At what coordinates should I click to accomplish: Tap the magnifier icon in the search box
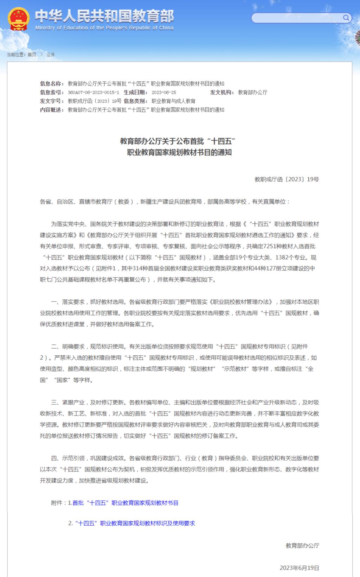[346, 18]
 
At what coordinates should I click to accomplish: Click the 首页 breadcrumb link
[32, 55]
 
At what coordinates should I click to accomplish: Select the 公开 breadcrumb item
[51, 55]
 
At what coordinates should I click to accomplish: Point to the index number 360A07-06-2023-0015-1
[93, 93]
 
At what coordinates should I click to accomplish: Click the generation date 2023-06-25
[164, 93]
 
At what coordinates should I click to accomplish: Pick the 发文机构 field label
[222, 93]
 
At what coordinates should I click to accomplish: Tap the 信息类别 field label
[136, 101]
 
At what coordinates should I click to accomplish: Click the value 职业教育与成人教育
[173, 101]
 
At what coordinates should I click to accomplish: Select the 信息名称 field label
[52, 84]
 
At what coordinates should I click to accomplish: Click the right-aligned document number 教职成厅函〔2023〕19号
[287, 179]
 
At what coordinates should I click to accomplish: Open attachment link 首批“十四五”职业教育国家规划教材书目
[126, 503]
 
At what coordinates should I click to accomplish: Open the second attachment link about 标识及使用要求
[135, 524]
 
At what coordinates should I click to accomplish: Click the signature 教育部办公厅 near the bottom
[302, 546]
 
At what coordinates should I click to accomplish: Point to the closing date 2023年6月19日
[300, 568]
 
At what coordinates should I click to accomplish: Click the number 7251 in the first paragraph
[270, 246]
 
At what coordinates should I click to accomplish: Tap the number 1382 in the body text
[282, 258]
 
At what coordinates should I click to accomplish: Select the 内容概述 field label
[52, 110]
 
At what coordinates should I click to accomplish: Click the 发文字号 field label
[52, 101]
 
